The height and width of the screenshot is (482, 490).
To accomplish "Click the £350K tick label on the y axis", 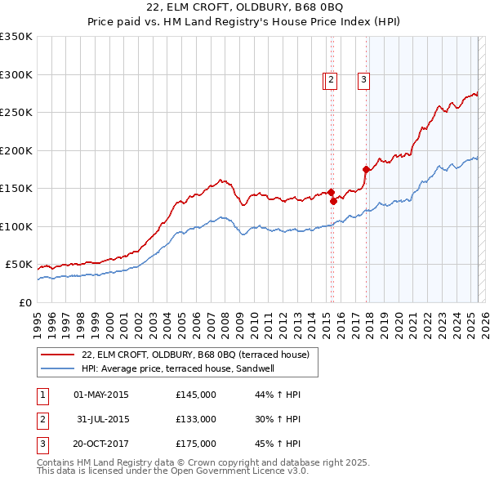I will tap(16, 37).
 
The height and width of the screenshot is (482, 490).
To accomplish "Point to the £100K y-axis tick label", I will tap(16, 226).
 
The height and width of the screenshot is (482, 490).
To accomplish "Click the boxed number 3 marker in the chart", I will tap(363, 80).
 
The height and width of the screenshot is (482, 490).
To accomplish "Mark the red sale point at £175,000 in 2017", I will tap(366, 169).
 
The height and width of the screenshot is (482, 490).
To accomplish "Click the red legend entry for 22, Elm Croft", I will tap(195, 355).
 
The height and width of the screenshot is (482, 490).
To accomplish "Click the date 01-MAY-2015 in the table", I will tap(100, 395).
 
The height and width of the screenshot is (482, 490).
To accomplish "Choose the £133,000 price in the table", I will tap(195, 419).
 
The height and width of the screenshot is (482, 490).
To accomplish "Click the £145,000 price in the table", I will tap(195, 395).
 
